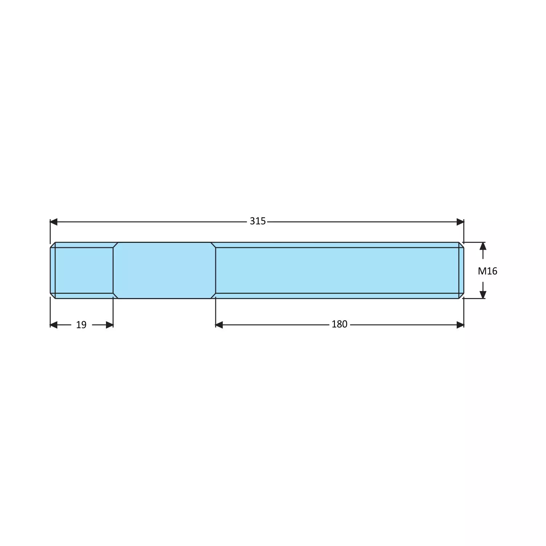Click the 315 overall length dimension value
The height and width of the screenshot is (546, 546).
(257, 221)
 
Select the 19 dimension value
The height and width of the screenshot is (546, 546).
(81, 325)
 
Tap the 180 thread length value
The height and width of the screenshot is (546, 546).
(339, 324)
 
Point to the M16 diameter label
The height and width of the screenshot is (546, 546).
(487, 271)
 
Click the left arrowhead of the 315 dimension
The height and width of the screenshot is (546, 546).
(54, 222)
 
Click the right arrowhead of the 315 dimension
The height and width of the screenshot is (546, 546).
(460, 222)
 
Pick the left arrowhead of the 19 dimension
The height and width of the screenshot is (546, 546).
(54, 325)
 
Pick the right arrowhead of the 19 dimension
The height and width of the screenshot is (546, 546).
(109, 325)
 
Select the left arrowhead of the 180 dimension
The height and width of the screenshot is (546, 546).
(219, 325)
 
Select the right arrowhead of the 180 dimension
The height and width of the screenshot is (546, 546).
(460, 325)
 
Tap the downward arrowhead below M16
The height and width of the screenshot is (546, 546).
(483, 294)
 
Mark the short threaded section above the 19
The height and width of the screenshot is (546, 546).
(84, 270)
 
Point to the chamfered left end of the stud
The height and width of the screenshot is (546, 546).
(53, 270)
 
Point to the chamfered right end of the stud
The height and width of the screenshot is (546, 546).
(461, 270)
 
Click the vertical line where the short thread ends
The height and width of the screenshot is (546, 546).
(113, 270)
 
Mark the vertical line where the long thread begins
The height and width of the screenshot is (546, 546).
(216, 270)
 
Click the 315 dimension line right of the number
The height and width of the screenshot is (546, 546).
(363, 222)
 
